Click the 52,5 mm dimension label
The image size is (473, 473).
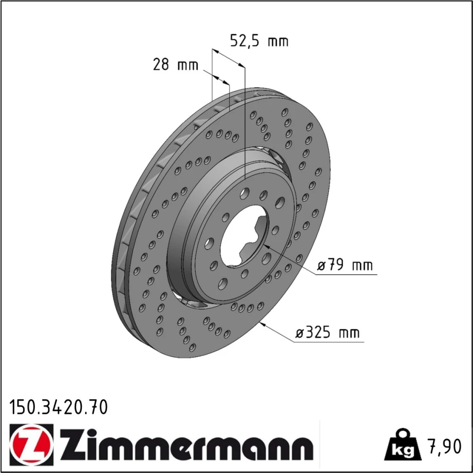click(x=259, y=41)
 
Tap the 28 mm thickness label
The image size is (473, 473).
click(x=175, y=64)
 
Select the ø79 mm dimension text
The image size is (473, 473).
click(x=345, y=265)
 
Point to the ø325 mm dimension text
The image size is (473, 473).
click(x=327, y=333)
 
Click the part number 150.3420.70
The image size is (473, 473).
click(x=59, y=407)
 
